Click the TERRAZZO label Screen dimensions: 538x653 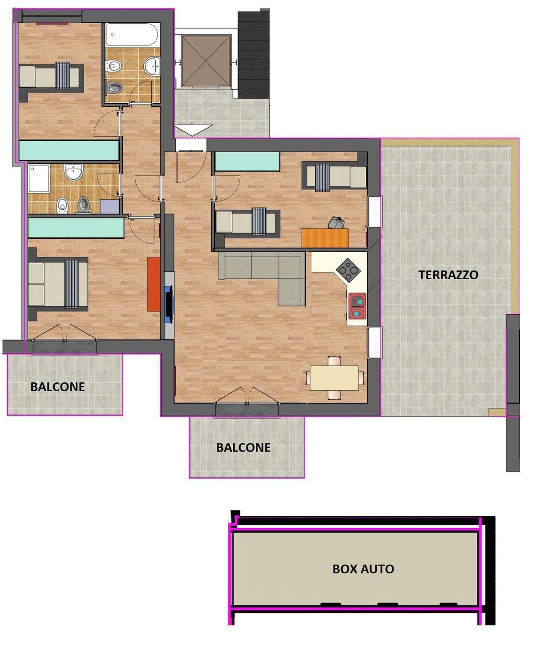click(448, 275)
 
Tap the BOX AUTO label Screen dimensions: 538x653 click(363, 569)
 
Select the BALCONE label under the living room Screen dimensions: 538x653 click(243, 448)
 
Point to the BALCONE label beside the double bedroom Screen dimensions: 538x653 click(57, 387)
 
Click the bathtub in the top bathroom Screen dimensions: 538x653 click(132, 35)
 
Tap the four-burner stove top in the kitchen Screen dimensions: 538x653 click(348, 270)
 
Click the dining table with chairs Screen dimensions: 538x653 click(334, 378)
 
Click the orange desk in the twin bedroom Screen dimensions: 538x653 click(325, 238)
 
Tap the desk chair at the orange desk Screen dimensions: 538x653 click(336, 222)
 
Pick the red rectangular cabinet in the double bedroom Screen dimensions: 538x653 click(154, 284)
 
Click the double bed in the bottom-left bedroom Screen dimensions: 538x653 click(58, 285)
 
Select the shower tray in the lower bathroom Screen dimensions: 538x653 click(39, 179)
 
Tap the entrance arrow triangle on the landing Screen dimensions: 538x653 click(193, 130)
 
